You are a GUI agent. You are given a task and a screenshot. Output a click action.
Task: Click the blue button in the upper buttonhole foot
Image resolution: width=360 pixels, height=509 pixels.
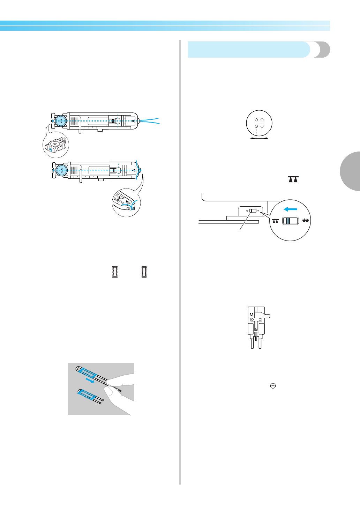[x=61, y=121]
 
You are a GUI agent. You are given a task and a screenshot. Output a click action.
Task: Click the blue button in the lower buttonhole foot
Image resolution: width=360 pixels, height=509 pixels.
[x=62, y=170]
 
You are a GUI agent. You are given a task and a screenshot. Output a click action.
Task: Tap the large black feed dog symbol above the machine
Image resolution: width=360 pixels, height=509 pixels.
[x=293, y=179]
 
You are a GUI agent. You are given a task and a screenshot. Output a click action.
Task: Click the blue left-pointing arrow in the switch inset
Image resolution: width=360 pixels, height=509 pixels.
[x=290, y=209]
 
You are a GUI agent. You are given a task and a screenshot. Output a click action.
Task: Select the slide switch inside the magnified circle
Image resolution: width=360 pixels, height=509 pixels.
[x=290, y=221]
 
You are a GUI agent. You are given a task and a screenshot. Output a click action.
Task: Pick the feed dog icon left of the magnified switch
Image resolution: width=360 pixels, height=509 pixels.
[x=276, y=221]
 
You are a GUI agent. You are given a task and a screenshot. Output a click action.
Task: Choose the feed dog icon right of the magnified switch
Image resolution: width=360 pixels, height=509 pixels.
[x=306, y=220]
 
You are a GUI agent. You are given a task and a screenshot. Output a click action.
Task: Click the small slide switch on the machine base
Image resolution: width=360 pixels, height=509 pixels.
[x=253, y=211]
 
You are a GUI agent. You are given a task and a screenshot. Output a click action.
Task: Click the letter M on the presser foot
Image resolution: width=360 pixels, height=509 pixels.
[x=251, y=315]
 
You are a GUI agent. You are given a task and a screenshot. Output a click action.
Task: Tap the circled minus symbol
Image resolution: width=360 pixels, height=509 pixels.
[x=273, y=386]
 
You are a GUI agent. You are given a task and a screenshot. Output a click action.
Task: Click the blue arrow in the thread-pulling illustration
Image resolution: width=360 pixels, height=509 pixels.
[x=90, y=381]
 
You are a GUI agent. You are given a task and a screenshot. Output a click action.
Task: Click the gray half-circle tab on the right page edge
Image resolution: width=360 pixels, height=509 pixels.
[x=350, y=171]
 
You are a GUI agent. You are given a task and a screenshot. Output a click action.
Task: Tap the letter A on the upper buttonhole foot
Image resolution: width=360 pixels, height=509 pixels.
[x=133, y=121]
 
